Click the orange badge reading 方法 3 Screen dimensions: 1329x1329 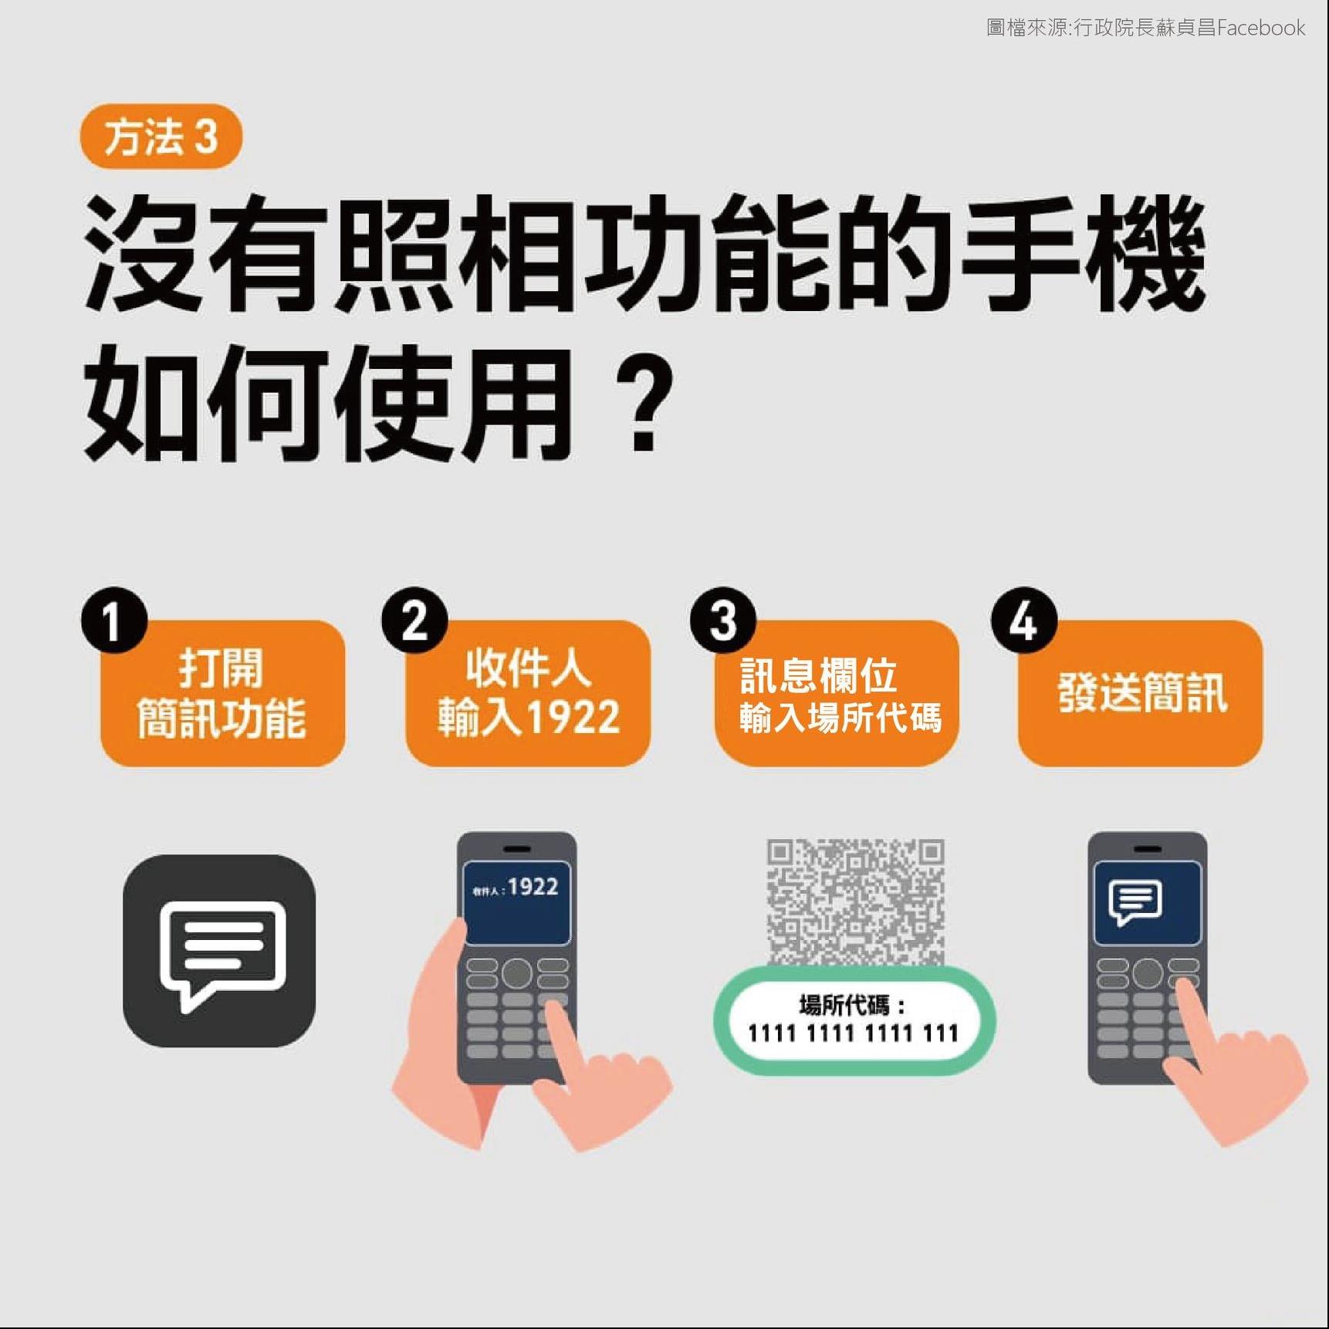(x=161, y=137)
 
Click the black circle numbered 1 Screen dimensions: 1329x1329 (x=114, y=621)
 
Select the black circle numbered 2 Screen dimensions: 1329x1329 (x=414, y=621)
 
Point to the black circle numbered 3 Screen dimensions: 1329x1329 (x=723, y=621)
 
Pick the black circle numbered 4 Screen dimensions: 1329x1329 (x=1024, y=621)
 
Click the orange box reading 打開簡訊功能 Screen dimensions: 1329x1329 (x=222, y=693)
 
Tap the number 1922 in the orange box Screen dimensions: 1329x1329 (x=573, y=717)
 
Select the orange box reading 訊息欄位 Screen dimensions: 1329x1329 (x=837, y=693)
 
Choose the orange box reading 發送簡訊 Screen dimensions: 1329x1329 (x=1141, y=693)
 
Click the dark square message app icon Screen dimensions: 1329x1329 (x=219, y=951)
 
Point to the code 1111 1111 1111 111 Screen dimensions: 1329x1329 (x=854, y=1033)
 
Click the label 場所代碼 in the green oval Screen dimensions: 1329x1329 (x=844, y=1005)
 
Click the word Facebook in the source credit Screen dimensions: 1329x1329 (x=1261, y=28)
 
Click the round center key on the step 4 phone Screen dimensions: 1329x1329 (x=1148, y=973)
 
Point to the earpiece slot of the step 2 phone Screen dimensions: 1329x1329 (x=516, y=849)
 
